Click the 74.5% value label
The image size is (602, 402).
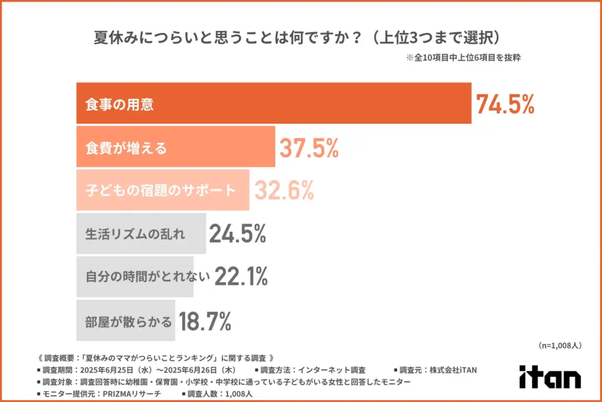coord(505,104)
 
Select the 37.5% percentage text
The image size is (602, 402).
coord(309,147)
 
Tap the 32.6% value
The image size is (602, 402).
coord(283,190)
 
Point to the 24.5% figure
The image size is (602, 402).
coord(238,234)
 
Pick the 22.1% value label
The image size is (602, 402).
coord(241,276)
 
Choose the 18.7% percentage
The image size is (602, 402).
coord(205,321)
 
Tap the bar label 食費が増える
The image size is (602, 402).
coord(126,148)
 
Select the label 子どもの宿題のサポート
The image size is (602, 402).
coord(160,191)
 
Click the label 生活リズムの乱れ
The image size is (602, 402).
coord(135,234)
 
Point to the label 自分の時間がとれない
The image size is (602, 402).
coord(148,277)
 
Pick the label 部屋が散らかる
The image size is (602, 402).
coord(129,321)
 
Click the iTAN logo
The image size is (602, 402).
coord(550,377)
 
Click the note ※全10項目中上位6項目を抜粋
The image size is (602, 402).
coord(464,58)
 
